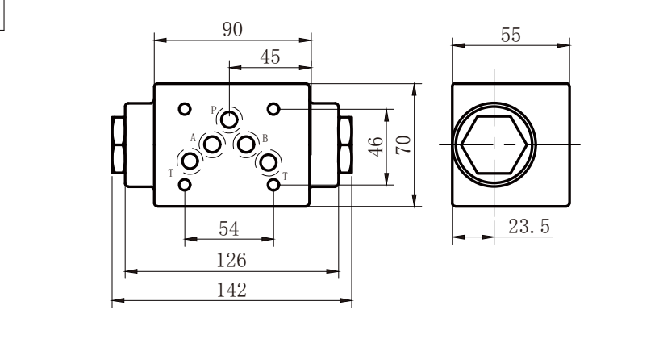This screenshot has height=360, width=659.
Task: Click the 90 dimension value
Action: point(232,29)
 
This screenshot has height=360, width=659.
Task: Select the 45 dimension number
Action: point(270,57)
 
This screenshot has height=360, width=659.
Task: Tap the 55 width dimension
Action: point(511,35)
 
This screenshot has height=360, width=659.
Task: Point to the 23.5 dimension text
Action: point(528,226)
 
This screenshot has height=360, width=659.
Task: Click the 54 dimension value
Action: point(228,229)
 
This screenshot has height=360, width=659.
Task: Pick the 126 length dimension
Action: point(231,261)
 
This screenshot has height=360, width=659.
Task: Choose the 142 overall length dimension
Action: point(231,291)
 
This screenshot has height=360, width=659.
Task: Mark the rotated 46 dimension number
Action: point(376,146)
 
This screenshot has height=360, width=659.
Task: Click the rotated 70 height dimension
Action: point(404,144)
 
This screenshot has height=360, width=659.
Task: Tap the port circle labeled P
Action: point(229,119)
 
